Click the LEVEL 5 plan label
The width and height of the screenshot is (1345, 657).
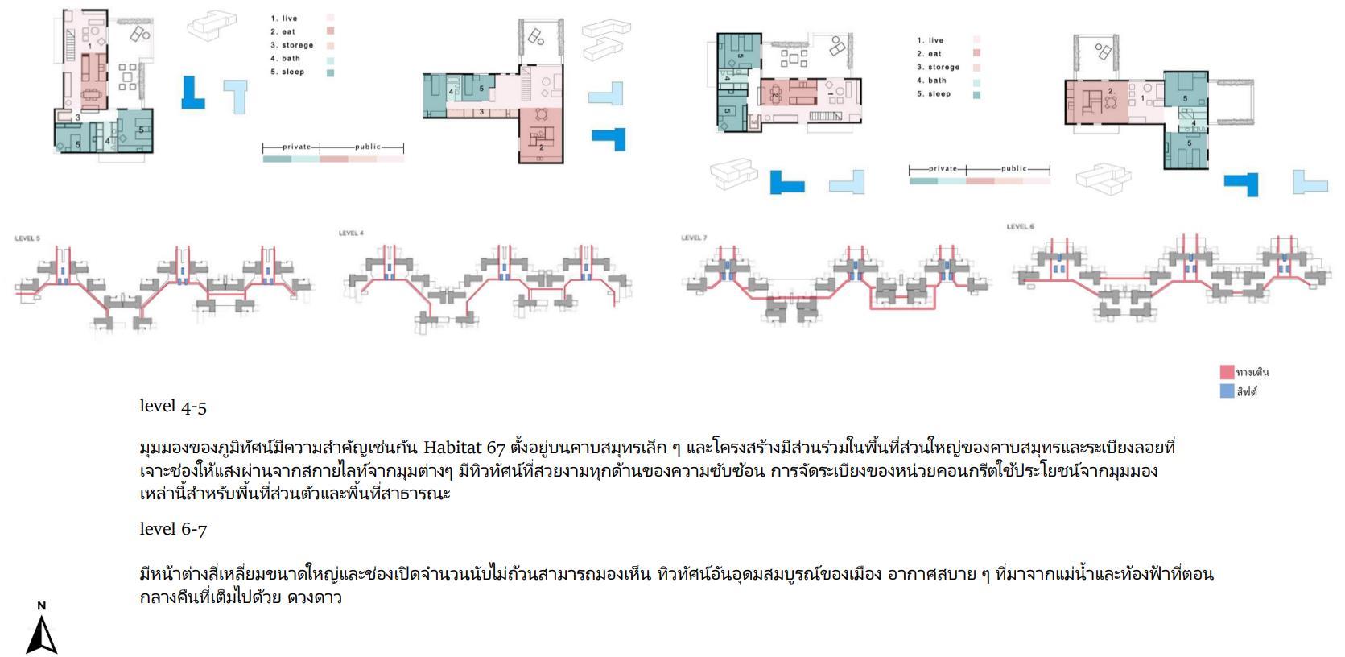tap(27, 238)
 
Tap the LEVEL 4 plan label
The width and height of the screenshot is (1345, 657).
tap(351, 233)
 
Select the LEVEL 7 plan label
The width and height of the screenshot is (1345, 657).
tap(694, 238)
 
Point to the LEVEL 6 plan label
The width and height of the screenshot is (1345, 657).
tap(1020, 226)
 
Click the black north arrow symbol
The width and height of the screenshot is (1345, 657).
tap(42, 635)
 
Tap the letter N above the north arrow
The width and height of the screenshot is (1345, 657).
tap(42, 605)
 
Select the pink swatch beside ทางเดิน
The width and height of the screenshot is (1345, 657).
tap(1227, 372)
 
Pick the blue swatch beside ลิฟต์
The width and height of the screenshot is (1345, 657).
tap(1227, 392)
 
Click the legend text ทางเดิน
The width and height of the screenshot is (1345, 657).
tap(1252, 372)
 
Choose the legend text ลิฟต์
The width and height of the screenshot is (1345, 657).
tap(1247, 392)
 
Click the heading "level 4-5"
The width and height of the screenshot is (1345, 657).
tap(173, 407)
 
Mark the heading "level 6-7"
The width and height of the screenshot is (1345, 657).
tap(173, 530)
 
